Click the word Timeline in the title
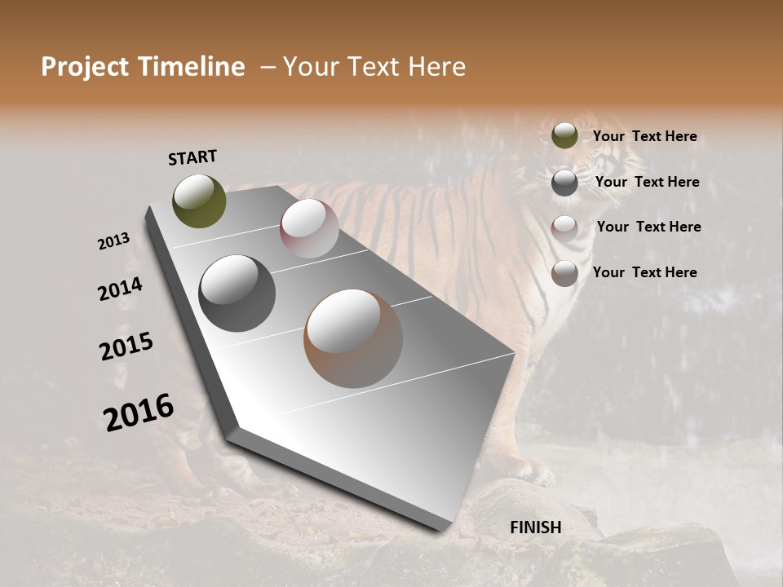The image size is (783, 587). (191, 67)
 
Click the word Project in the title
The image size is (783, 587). (84, 67)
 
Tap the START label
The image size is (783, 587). (192, 157)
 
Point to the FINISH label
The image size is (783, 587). (536, 527)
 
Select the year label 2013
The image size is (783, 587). (114, 241)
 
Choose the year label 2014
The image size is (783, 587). (121, 289)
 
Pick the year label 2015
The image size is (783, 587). (126, 346)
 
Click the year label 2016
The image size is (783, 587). (139, 412)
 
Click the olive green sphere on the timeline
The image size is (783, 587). (200, 201)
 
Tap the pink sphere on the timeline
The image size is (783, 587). (309, 228)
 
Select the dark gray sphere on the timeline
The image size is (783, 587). (237, 293)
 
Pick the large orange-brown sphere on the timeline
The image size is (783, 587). (353, 338)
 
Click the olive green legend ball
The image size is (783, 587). (564, 136)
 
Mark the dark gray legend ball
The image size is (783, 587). (564, 183)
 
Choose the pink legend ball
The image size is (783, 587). (564, 227)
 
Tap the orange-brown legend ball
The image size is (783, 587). (564, 273)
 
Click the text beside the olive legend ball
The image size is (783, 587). (645, 137)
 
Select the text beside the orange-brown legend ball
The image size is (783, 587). (645, 272)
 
